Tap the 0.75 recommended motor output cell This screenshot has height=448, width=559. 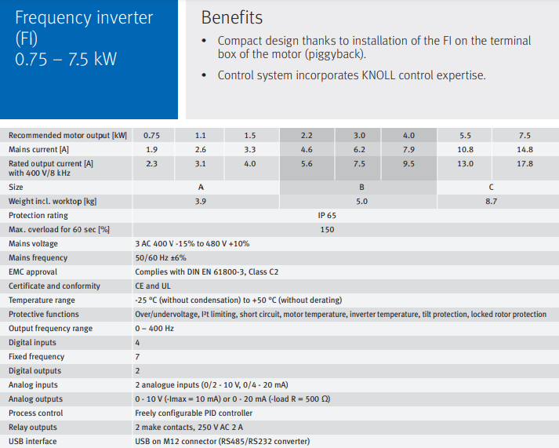[152, 135]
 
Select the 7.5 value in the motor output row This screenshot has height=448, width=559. [525, 135]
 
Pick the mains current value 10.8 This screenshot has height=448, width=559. [465, 149]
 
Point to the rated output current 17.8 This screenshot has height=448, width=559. [525, 163]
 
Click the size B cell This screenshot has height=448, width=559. [361, 188]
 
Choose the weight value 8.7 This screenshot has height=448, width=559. [491, 202]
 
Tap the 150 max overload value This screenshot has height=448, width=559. [327, 230]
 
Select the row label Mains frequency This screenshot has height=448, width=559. [38, 258]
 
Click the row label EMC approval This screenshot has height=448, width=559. [34, 272]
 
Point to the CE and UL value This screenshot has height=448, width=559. [152, 286]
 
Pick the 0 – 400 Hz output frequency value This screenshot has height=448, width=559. [154, 329]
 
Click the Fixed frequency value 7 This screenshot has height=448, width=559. [138, 357]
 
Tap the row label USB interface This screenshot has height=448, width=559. [33, 442]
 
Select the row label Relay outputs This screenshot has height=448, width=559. [33, 428]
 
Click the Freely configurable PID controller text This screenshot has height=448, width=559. [194, 413]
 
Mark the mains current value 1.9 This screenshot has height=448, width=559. [152, 149]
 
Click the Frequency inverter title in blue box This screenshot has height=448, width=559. [84, 18]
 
